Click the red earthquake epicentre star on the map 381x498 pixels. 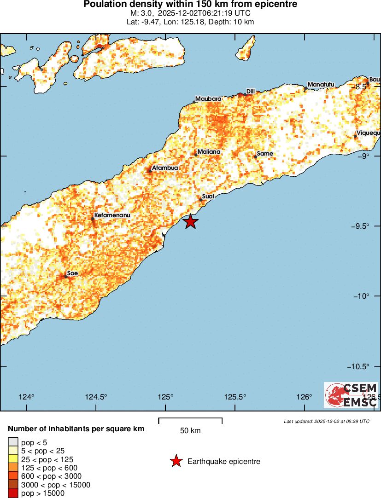pos(191,221)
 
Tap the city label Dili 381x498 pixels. pos(251,92)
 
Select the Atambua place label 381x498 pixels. pos(165,168)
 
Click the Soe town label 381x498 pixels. pos(72,273)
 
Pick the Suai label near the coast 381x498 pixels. pos(209,197)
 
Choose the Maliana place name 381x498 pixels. pos(209,152)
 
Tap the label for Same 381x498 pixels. pos(265,154)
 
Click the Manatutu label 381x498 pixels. pos(320,85)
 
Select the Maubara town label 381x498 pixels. pos(208,99)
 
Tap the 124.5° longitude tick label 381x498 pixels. pos(96,397)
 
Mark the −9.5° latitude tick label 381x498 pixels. pos(365,226)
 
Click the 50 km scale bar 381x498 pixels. pos(190,420)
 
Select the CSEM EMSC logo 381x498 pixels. pos(351,395)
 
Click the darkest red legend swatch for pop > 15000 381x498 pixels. pos(13,493)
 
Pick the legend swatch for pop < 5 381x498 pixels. pos(13,442)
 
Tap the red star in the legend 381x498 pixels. pos(176,461)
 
